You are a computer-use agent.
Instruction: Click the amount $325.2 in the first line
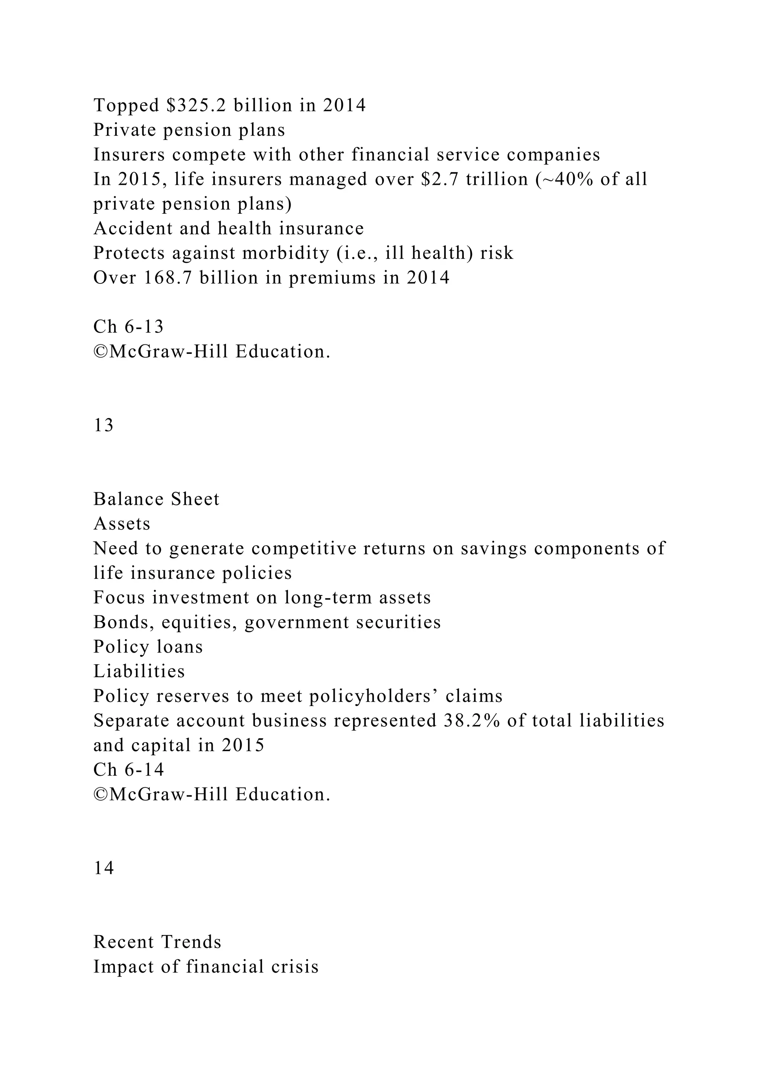point(196,105)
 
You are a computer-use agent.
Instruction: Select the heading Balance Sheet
point(156,499)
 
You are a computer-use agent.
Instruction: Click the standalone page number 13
point(104,425)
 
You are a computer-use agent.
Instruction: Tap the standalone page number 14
point(104,868)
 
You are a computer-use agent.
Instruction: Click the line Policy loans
point(148,647)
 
